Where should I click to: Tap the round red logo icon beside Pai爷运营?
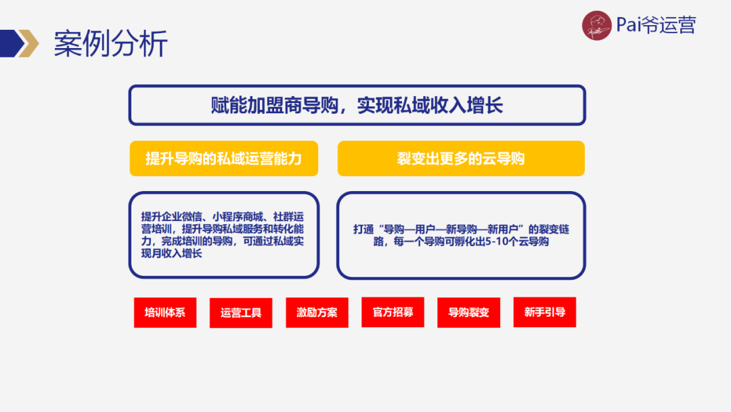(596, 26)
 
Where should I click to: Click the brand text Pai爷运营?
(656, 26)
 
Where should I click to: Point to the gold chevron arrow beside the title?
(28, 43)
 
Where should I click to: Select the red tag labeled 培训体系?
(165, 313)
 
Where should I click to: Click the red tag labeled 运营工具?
(241, 313)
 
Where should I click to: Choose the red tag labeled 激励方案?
(317, 313)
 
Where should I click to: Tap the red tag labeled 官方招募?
(393, 312)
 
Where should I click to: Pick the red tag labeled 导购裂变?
(468, 313)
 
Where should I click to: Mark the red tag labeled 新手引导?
(545, 312)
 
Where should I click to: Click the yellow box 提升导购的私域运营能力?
(223, 159)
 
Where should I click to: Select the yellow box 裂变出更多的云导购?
(461, 159)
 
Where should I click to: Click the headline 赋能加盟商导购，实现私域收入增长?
(357, 105)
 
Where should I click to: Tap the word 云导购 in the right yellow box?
(507, 159)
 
